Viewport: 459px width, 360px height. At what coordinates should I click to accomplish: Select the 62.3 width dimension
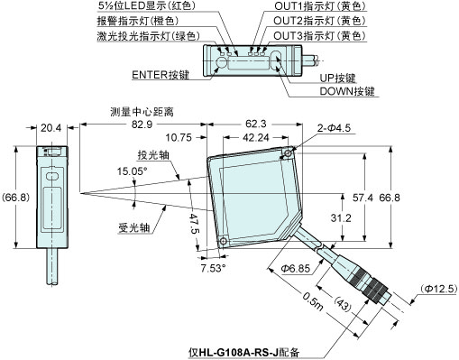255,124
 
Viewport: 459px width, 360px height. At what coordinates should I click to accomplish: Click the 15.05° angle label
133,170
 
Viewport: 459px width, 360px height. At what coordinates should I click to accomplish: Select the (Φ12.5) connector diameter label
438,288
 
